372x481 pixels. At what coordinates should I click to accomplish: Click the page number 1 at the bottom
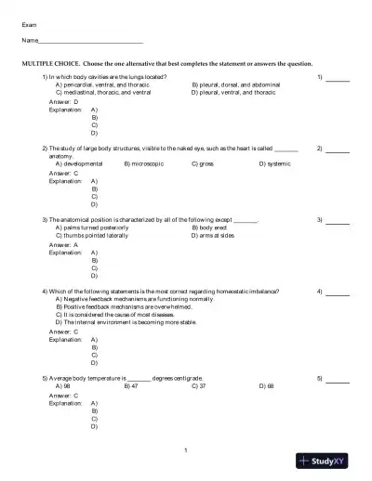tap(186, 450)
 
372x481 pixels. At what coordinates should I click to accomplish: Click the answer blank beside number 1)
tap(338, 79)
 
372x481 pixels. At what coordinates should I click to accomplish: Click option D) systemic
tap(278, 163)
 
